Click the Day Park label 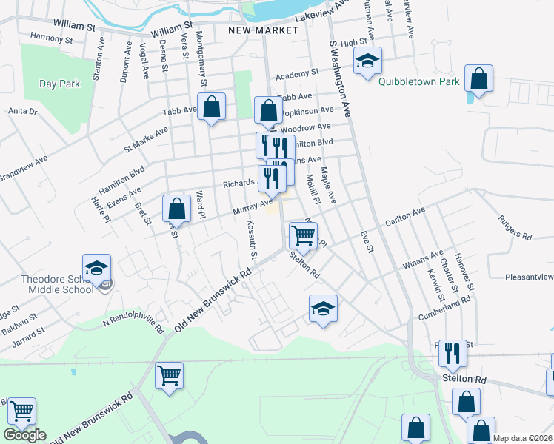coord(60,84)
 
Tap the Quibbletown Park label coord(419,82)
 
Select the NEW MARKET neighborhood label coord(263,30)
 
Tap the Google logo coord(24,435)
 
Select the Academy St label coord(296,74)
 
